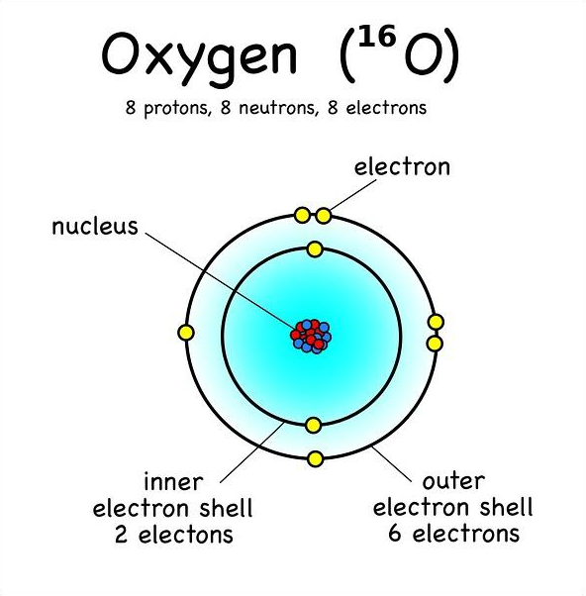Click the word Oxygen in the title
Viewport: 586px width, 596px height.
199,57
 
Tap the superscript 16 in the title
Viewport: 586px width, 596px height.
377,36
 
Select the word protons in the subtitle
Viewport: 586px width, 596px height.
176,108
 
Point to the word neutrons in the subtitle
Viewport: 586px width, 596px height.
276,108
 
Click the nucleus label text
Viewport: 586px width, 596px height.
95,227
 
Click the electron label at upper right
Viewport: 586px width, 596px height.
402,166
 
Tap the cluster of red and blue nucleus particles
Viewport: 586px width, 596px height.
311,336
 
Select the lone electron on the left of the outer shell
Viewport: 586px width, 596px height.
186,333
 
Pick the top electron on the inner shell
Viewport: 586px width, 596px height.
315,249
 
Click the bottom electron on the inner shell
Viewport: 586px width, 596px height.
314,426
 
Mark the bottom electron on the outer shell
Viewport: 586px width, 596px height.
315,459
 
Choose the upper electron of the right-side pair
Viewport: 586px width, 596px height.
436,322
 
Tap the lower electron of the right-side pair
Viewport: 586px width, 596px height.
435,344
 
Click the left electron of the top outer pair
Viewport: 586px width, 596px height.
302,215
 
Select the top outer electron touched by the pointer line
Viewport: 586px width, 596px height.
324,216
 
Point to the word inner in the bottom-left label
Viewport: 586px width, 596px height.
173,482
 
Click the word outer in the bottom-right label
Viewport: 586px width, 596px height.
453,481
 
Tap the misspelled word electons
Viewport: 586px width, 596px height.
185,535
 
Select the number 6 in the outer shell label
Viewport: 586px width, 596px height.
395,533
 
